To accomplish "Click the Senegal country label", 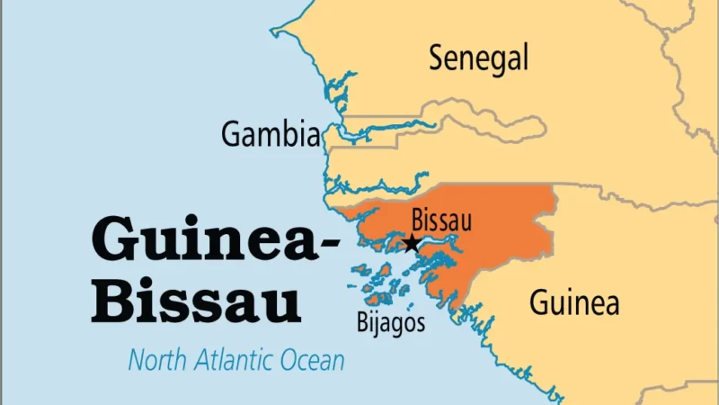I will (x=478, y=58).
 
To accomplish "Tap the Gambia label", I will (x=271, y=135).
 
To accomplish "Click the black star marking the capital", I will (x=412, y=243).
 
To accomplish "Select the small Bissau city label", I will (x=440, y=220).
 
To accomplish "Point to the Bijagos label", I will (x=390, y=322).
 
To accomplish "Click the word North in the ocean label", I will (x=158, y=361).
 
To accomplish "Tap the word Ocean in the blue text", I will (x=314, y=361).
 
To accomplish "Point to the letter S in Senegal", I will (x=437, y=58).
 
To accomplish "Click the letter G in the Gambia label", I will (x=231, y=135).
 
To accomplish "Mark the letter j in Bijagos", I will (x=376, y=324).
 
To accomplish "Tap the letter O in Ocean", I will (x=292, y=361).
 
